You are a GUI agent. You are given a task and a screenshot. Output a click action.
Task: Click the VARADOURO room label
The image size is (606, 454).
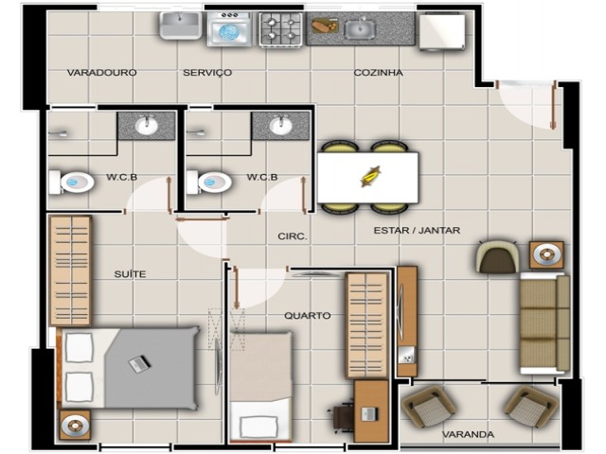point(101,73)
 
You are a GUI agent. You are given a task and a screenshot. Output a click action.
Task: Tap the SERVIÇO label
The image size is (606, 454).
point(207,73)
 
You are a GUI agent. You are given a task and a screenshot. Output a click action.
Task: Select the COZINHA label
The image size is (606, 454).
point(378,73)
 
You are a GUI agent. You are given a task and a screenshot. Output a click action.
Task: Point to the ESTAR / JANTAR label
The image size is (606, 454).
point(417,231)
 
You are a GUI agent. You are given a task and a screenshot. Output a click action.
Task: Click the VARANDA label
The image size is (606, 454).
point(468,435)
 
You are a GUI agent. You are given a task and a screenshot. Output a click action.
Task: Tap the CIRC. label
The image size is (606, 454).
point(293,236)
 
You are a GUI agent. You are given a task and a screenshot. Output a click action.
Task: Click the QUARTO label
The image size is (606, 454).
point(308,315)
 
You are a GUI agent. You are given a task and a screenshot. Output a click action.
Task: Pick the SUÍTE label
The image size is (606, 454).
point(131,274)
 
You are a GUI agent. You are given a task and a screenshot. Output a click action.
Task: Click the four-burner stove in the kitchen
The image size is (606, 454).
point(281,29)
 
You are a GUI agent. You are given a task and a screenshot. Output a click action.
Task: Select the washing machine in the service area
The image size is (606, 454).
point(229,29)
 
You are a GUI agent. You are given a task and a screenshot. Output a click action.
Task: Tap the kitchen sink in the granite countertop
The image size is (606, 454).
point(360,28)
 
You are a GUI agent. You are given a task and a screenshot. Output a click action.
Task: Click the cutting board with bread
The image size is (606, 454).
point(325,26)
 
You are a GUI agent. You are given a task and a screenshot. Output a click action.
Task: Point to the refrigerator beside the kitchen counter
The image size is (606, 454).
point(442,31)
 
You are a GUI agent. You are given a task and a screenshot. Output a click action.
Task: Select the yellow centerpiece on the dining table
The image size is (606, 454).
point(371,177)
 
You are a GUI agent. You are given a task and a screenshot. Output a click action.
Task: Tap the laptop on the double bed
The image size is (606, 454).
point(139,363)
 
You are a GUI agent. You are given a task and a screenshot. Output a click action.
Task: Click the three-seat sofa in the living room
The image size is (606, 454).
point(544,323)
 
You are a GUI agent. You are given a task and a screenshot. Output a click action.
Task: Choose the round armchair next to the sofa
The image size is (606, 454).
point(498,257)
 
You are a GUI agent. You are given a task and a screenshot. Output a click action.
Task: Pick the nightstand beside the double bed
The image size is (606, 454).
point(75,425)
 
